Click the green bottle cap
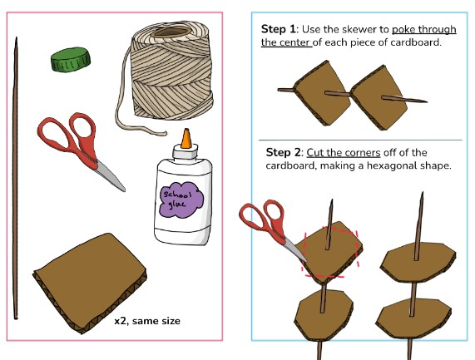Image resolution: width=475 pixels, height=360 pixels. click(x=71, y=59)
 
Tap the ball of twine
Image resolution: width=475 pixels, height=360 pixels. click(x=171, y=72)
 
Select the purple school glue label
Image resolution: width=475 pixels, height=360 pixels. click(x=181, y=200)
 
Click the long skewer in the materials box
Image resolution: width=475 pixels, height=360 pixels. click(x=16, y=178)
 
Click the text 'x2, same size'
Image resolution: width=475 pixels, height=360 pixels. click(x=147, y=321)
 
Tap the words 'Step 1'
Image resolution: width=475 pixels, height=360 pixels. click(x=278, y=29)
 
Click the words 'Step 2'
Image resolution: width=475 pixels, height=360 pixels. click(x=283, y=152)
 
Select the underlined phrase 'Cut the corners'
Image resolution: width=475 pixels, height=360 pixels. click(x=344, y=152)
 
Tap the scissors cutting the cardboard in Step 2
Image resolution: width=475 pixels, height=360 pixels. click(x=271, y=227)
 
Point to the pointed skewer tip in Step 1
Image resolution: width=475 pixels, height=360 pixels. click(x=427, y=101)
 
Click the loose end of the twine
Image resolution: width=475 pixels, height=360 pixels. click(x=166, y=133)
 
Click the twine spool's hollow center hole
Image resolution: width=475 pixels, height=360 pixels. click(x=171, y=32)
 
